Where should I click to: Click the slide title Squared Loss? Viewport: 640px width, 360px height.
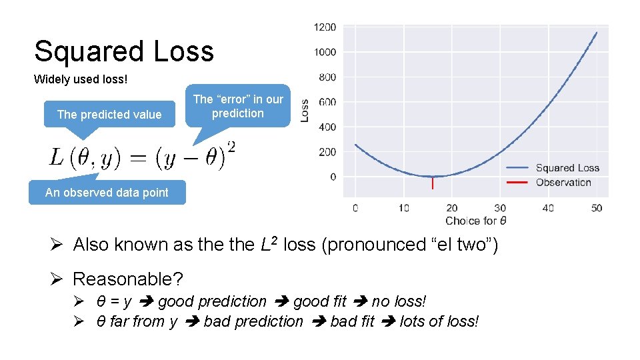[x=124, y=51]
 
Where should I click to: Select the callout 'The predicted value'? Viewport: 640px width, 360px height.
[x=109, y=115]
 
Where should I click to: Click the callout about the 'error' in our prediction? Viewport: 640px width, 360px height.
[x=238, y=106]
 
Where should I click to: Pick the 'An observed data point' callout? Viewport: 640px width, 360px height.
[x=107, y=193]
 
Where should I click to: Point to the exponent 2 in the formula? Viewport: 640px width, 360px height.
[x=231, y=146]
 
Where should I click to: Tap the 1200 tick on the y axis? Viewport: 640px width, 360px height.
[x=325, y=27]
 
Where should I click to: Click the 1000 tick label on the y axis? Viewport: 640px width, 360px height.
[x=325, y=52]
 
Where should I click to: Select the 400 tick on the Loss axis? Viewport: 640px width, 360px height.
[x=327, y=127]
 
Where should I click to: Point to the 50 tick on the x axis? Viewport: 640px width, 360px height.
[x=596, y=208]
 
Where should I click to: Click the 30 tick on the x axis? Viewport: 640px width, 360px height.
[x=500, y=208]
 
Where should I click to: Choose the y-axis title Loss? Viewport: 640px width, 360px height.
[x=305, y=110]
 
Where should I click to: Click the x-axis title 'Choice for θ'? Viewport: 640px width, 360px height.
[x=475, y=221]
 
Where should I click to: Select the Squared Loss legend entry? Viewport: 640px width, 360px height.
[x=567, y=168]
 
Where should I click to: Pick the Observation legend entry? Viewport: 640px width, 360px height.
[x=563, y=182]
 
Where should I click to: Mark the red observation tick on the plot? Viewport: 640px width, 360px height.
[x=433, y=183]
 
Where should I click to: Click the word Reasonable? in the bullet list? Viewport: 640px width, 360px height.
[x=128, y=278]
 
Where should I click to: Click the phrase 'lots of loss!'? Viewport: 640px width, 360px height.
[x=439, y=321]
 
